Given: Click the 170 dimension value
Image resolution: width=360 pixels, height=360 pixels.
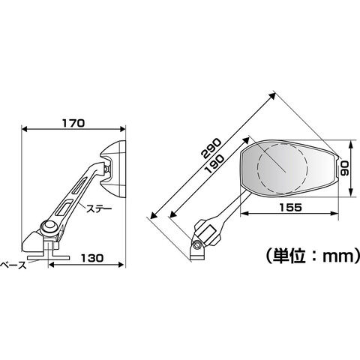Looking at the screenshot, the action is [73, 123].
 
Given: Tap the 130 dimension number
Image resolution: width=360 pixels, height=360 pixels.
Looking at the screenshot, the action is [92, 258].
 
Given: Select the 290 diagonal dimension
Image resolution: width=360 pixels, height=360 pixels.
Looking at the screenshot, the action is [211, 148].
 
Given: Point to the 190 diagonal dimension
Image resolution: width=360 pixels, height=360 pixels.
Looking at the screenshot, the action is [214, 163].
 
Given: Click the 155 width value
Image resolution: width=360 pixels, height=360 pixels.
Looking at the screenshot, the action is [291, 207].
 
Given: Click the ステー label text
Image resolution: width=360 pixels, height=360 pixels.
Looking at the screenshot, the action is [99, 208].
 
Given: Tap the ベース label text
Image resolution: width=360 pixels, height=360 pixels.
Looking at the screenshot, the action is [13, 265].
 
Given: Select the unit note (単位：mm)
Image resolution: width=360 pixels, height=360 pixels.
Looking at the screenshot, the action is [313, 256].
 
